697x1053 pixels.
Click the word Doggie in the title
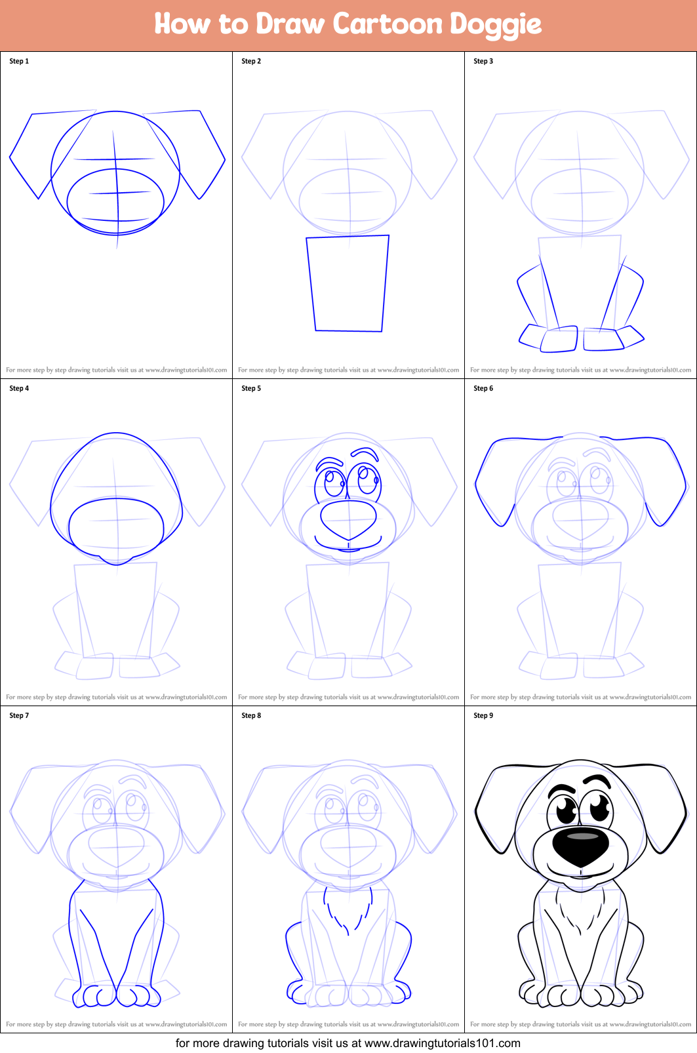point(495,25)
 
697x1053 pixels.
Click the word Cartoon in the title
point(388,24)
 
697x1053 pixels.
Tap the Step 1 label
point(19,61)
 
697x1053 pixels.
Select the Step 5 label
point(251,388)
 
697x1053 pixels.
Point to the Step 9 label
point(483,715)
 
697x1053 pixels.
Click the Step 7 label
point(19,715)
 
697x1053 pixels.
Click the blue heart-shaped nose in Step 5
point(348,519)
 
